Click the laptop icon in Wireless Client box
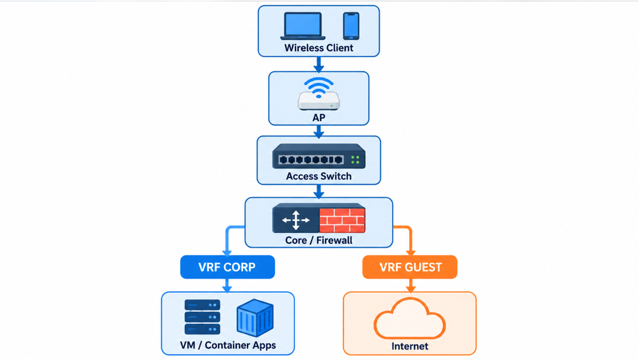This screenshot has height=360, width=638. [x=303, y=26]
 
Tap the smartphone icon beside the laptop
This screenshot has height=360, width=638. [x=351, y=26]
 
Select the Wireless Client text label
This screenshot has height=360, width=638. [x=319, y=48]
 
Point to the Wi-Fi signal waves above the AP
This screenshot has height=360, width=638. [x=319, y=87]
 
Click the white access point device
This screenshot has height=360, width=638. [x=319, y=101]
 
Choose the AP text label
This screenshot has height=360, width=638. [x=319, y=118]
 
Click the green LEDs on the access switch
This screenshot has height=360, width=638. [x=355, y=159]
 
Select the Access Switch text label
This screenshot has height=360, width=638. [x=319, y=176]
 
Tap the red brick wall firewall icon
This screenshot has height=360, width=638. [x=342, y=220]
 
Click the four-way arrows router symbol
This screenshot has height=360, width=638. [x=296, y=221]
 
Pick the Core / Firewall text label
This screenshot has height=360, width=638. [x=319, y=240]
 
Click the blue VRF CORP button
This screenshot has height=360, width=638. [x=228, y=267]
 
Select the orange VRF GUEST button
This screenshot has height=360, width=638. [x=410, y=267]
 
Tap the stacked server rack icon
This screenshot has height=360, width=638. [x=202, y=317]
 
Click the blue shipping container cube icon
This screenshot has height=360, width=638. [x=255, y=318]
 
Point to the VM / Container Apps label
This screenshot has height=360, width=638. [x=228, y=346]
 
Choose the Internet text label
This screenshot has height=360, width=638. [x=410, y=346]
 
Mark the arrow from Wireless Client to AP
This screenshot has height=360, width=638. [x=319, y=64]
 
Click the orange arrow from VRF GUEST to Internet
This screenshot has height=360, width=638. [x=410, y=286]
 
